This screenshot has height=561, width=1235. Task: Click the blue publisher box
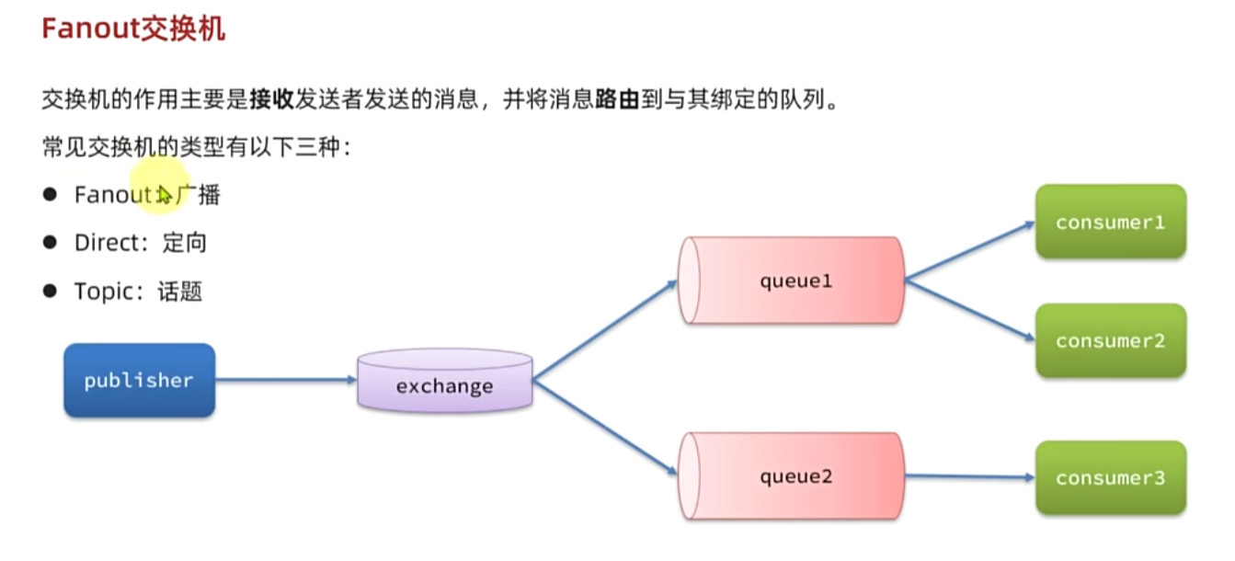[139, 380]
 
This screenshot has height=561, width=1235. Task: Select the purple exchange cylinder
[445, 380]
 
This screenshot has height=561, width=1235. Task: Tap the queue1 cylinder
[792, 280]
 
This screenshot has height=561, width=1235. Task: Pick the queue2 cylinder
[792, 476]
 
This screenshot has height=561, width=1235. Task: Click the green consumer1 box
[1110, 222]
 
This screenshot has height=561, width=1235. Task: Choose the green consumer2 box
[1110, 340]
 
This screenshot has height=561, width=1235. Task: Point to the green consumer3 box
[1110, 477]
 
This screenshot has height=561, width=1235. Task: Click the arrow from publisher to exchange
[286, 380]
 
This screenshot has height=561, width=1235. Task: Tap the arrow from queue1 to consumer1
[969, 250]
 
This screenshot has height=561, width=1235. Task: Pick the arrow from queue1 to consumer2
[969, 310]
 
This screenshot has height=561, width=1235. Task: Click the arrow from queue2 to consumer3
[969, 476]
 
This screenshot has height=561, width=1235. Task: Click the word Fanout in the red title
[89, 29]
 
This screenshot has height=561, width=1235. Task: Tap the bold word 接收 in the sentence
[271, 99]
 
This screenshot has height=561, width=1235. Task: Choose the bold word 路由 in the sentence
[617, 99]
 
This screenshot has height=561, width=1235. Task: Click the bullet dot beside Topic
[50, 292]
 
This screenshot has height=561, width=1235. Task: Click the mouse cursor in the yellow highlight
[164, 194]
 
